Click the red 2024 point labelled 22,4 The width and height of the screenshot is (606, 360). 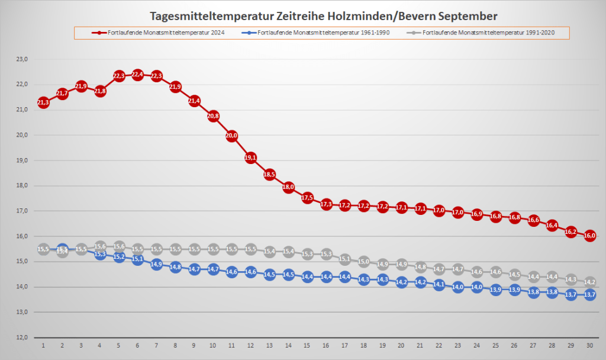[137, 75]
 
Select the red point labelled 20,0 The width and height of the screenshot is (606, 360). [231, 136]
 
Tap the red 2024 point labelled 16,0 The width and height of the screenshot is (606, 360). [589, 236]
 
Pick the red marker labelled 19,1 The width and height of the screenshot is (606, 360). [250, 158]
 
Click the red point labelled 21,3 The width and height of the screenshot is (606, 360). [43, 103]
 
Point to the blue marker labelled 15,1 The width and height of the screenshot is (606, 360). [137, 259]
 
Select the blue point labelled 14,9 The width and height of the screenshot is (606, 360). [156, 265]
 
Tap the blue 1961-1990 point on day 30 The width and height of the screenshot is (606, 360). [589, 294]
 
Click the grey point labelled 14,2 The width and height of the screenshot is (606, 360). [589, 282]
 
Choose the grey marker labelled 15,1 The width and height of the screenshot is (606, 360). [344, 259]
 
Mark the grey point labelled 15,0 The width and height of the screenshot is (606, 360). [363, 261]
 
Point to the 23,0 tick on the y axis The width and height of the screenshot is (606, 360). [22, 59]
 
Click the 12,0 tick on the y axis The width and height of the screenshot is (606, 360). [22, 337]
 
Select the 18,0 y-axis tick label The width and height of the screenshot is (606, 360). [22, 186]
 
